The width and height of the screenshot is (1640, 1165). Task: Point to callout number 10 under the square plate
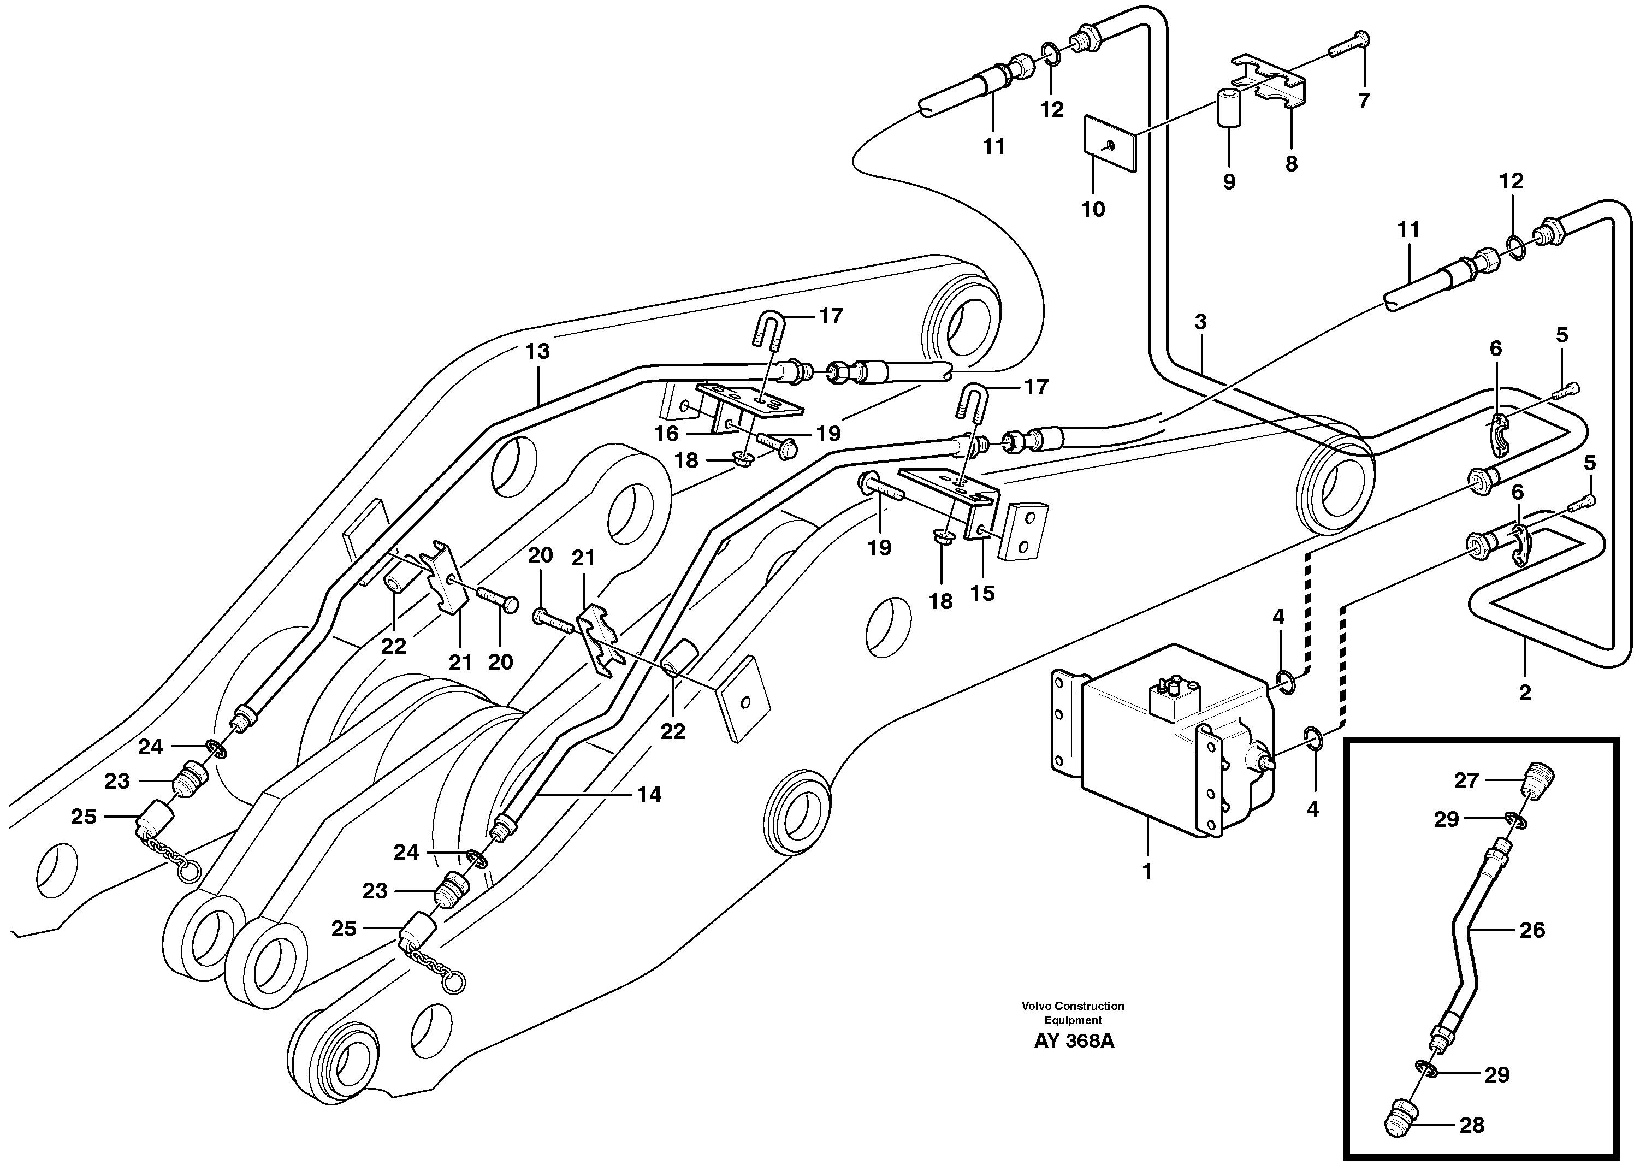point(1093,210)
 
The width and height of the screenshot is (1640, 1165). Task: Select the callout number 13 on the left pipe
point(537,352)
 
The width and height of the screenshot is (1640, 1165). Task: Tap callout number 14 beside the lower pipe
point(648,794)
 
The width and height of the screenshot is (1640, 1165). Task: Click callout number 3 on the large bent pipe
point(1200,322)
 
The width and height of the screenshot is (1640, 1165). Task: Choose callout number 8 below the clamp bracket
point(1291,164)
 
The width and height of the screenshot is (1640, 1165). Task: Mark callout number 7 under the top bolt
point(1363,100)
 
